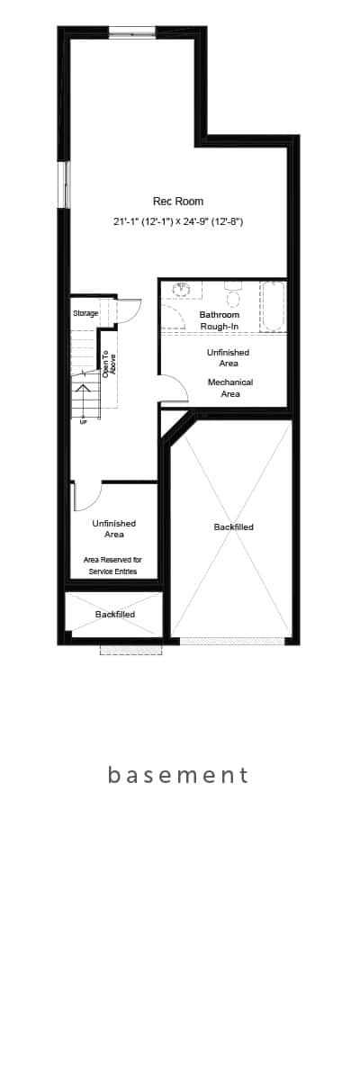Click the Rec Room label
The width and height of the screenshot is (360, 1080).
click(x=178, y=201)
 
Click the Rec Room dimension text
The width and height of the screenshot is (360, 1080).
click(x=178, y=221)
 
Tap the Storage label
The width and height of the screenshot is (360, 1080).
click(x=85, y=313)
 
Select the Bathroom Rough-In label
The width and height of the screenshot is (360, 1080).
click(x=220, y=320)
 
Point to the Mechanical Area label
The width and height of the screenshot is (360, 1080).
click(x=230, y=388)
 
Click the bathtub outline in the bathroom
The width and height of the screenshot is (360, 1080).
click(x=274, y=307)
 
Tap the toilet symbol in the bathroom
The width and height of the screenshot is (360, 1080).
click(x=233, y=295)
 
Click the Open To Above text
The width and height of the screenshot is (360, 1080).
click(x=108, y=364)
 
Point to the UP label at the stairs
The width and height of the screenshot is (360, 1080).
click(x=84, y=422)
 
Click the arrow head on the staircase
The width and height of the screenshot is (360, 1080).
click(x=83, y=388)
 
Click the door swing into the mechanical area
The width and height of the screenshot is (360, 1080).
click(x=174, y=387)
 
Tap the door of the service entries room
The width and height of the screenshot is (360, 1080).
click(x=86, y=497)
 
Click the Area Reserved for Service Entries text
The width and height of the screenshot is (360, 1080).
click(x=112, y=565)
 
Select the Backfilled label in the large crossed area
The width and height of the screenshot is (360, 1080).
click(x=234, y=527)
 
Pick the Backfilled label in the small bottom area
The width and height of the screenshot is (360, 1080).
click(x=114, y=614)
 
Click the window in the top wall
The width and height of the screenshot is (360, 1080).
click(x=132, y=32)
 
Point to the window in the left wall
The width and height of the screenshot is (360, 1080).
click(x=64, y=184)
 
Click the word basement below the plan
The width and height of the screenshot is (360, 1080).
click(x=178, y=775)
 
